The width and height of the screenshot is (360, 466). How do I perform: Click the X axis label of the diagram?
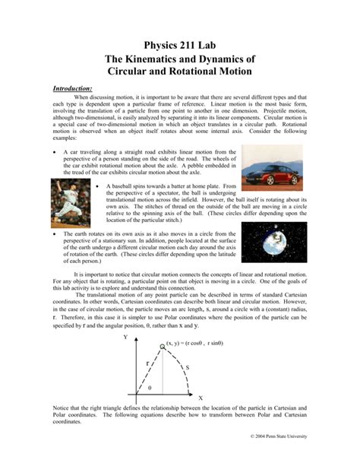[x=200, y=397]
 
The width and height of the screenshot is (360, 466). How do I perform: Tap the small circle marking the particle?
[x=161, y=347]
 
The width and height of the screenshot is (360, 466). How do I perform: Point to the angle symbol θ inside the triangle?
[x=150, y=387]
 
